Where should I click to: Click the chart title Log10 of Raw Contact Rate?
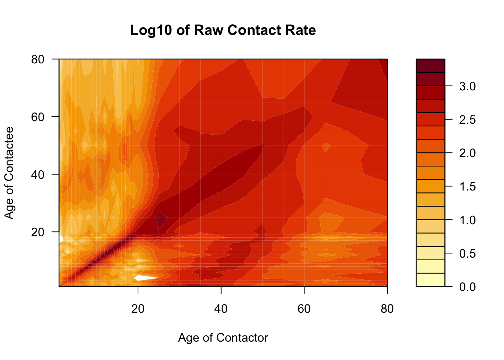[223, 30]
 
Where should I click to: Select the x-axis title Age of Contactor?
[223, 337]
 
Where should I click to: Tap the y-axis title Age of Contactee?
[9, 172]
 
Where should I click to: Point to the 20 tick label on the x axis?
[138, 309]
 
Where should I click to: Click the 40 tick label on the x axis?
[221, 309]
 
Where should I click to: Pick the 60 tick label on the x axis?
[304, 309]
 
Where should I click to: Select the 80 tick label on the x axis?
[387, 309]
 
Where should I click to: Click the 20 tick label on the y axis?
[38, 232]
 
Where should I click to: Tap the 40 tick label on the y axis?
[38, 174]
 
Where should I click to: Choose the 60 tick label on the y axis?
[38, 117]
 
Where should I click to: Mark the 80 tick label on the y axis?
[38, 59]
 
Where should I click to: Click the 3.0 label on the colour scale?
[467, 86]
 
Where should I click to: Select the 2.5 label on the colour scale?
[467, 120]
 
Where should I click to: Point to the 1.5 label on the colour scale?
[467, 186]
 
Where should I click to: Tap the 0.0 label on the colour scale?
[467, 287]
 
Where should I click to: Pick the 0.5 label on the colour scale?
[467, 253]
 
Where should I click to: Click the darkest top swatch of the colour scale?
[430, 66]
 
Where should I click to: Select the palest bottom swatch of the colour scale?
[430, 280]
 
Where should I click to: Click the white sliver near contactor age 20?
[144, 278]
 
